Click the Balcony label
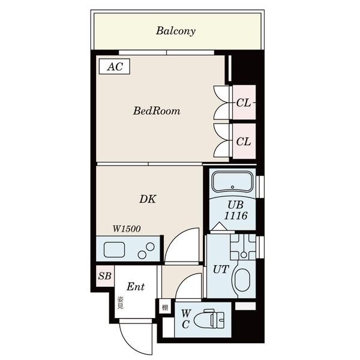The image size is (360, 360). click(176, 31)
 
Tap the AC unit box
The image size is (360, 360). click(115, 67)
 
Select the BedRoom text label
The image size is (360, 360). click(157, 111)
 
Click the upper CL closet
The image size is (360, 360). click(244, 103)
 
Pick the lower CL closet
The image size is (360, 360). click(244, 141)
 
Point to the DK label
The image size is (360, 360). click(148, 199)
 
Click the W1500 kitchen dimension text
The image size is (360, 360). click(127, 229)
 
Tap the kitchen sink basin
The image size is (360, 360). click(115, 250)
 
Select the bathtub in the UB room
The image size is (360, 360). click(232, 181)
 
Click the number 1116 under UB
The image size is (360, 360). click(236, 216)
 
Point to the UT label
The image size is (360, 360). click(221, 269)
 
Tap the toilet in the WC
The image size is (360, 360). click(209, 320)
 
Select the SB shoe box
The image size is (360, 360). click(104, 276)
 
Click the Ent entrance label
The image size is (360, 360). click(136, 287)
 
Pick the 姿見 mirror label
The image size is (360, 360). click(121, 303)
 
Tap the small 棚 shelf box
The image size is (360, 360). click(165, 307)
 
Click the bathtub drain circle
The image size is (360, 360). click(233, 187)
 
